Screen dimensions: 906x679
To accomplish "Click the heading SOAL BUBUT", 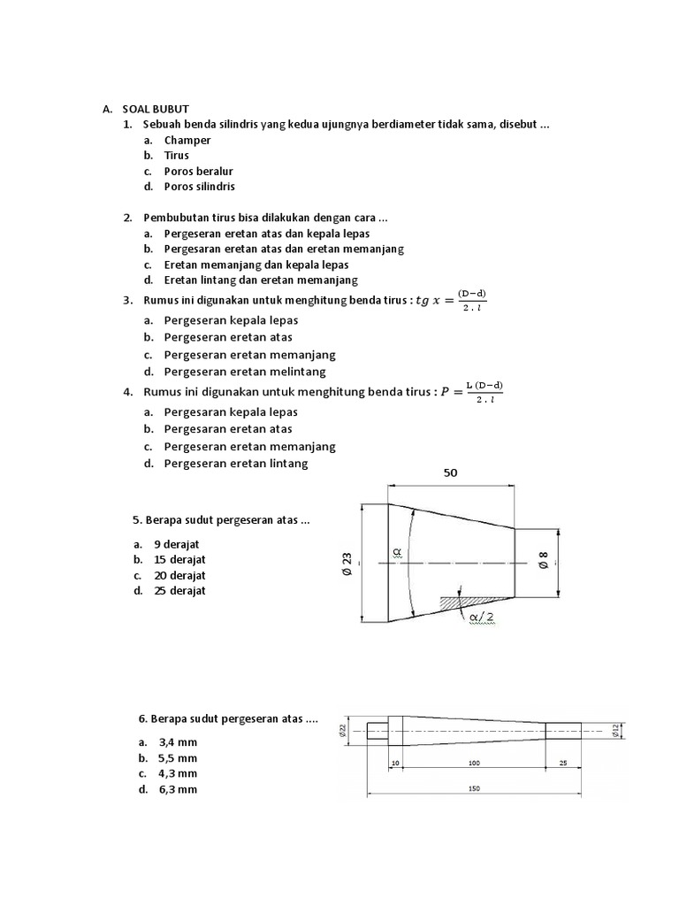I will (x=156, y=109).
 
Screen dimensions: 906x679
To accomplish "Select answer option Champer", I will (x=187, y=140).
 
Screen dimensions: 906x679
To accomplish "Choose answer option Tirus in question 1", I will (x=177, y=156).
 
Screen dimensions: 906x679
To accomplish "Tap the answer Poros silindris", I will (x=200, y=187).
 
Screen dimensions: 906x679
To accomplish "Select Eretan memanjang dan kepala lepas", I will (x=256, y=265).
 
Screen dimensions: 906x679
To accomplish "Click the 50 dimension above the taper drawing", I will (x=451, y=473).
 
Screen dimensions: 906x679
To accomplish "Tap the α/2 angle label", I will (x=483, y=616).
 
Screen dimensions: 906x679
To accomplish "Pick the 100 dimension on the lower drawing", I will (x=474, y=762).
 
